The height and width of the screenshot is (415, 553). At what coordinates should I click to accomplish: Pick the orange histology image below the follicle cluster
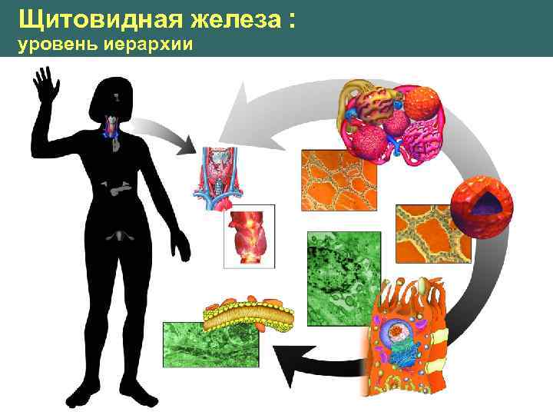coord(339,181)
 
